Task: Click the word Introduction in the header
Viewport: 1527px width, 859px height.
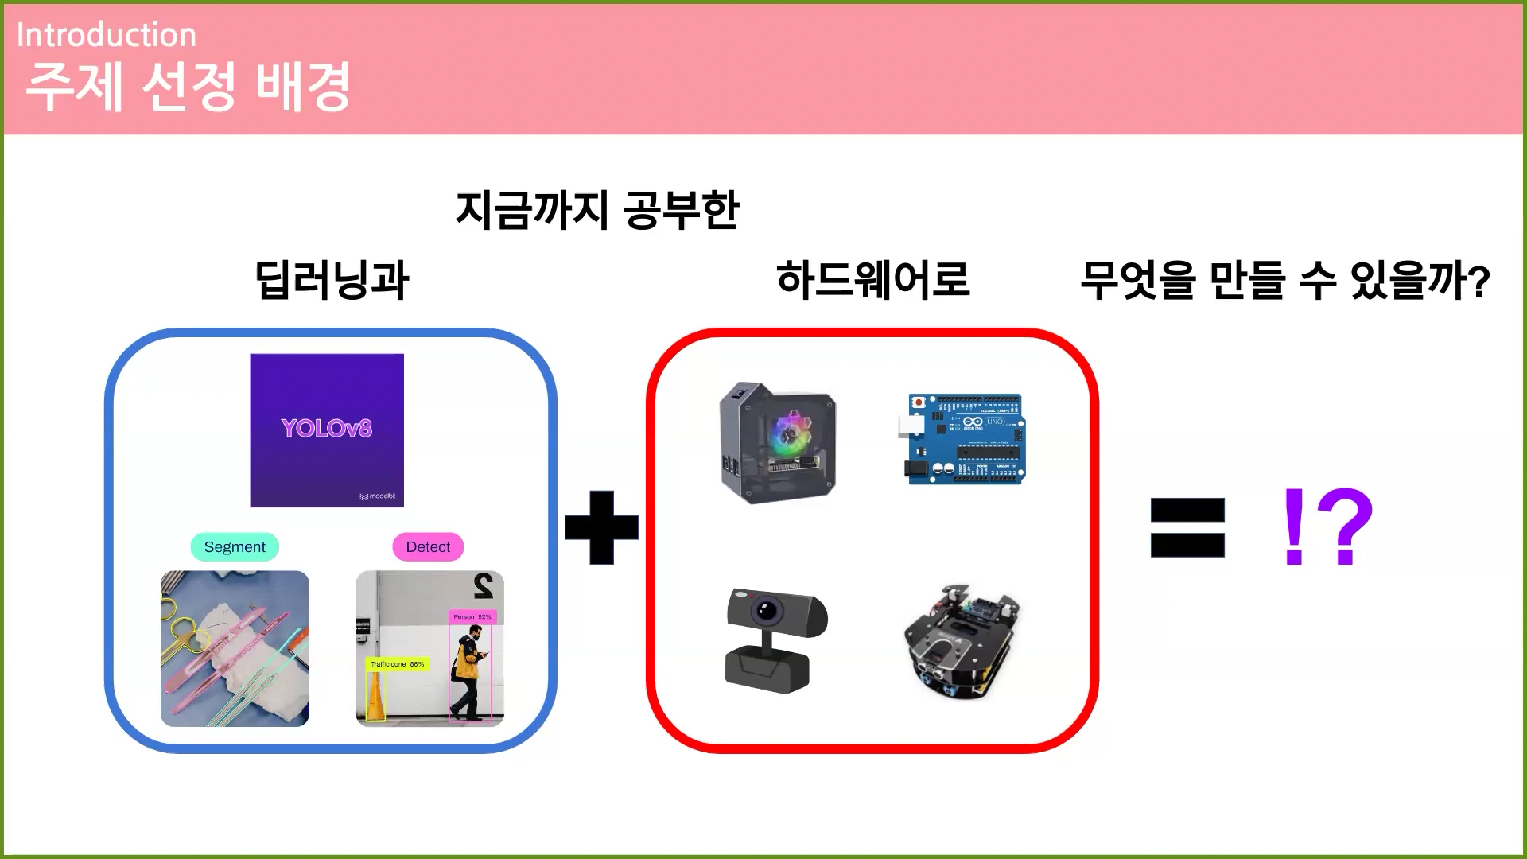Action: pyautogui.click(x=106, y=35)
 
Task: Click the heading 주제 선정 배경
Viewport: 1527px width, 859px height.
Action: pyautogui.click(x=188, y=86)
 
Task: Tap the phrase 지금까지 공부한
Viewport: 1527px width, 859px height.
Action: pyautogui.click(x=597, y=210)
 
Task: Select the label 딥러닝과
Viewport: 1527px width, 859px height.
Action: pyautogui.click(x=331, y=280)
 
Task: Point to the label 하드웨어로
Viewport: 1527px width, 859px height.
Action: pyautogui.click(x=872, y=280)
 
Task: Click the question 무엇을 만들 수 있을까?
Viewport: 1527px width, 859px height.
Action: pyautogui.click(x=1284, y=281)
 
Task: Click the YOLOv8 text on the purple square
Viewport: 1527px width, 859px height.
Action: pyautogui.click(x=326, y=429)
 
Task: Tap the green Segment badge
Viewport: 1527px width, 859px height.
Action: pyautogui.click(x=235, y=547)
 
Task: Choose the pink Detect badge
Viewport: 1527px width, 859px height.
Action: pyautogui.click(x=428, y=547)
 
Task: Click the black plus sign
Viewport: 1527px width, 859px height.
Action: pyautogui.click(x=601, y=527)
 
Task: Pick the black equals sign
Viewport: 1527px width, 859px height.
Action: pyautogui.click(x=1187, y=527)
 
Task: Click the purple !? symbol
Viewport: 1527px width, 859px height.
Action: pyautogui.click(x=1327, y=527)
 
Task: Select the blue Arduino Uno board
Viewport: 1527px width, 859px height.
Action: pyautogui.click(x=966, y=438)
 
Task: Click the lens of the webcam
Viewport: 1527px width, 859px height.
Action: pyautogui.click(x=766, y=611)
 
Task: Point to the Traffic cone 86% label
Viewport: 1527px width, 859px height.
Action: pyautogui.click(x=397, y=664)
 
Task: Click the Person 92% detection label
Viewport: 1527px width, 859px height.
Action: pyautogui.click(x=472, y=616)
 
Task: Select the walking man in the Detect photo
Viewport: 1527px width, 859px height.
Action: pyautogui.click(x=469, y=672)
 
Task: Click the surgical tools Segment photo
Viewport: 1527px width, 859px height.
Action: pyautogui.click(x=235, y=648)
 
